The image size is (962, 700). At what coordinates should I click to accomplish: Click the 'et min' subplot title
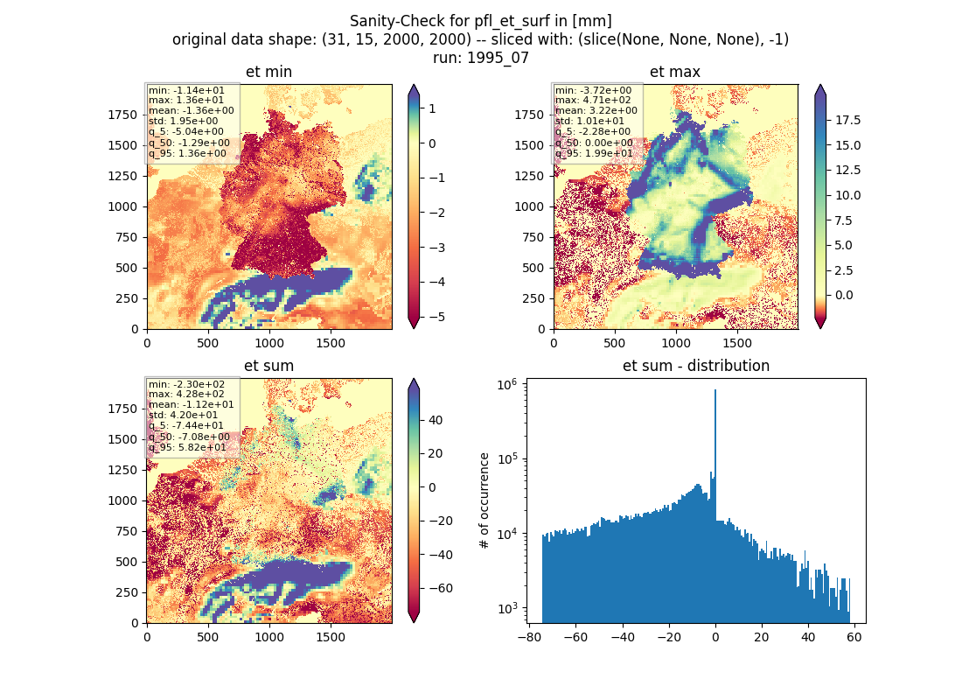pyautogui.click(x=268, y=72)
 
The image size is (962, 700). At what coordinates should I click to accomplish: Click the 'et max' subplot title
pyautogui.click(x=675, y=72)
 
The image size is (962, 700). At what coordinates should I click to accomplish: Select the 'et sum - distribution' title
pyautogui.click(x=696, y=366)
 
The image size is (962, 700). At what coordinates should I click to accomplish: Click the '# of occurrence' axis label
pyautogui.click(x=484, y=501)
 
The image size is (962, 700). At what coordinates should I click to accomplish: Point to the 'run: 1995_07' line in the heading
pyautogui.click(x=480, y=58)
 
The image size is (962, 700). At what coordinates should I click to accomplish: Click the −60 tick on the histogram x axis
pyautogui.click(x=576, y=637)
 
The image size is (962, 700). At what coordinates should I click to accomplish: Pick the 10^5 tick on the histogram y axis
pyautogui.click(x=507, y=458)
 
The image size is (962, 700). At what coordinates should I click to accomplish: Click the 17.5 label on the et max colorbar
pyautogui.click(x=848, y=121)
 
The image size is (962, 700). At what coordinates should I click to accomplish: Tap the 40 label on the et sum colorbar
pyautogui.click(x=436, y=421)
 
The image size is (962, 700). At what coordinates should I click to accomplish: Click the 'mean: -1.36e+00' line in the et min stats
pyautogui.click(x=192, y=110)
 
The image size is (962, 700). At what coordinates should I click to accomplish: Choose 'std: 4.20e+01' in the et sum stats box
pyautogui.click(x=183, y=415)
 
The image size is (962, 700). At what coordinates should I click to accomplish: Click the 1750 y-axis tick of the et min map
pyautogui.click(x=122, y=115)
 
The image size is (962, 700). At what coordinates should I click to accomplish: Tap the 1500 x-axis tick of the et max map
pyautogui.click(x=737, y=343)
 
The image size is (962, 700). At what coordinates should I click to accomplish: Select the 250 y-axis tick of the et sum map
pyautogui.click(x=127, y=592)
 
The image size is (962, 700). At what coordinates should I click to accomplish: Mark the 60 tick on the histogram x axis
pyautogui.click(x=854, y=637)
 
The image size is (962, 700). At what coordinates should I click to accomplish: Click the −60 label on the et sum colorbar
pyautogui.click(x=441, y=588)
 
